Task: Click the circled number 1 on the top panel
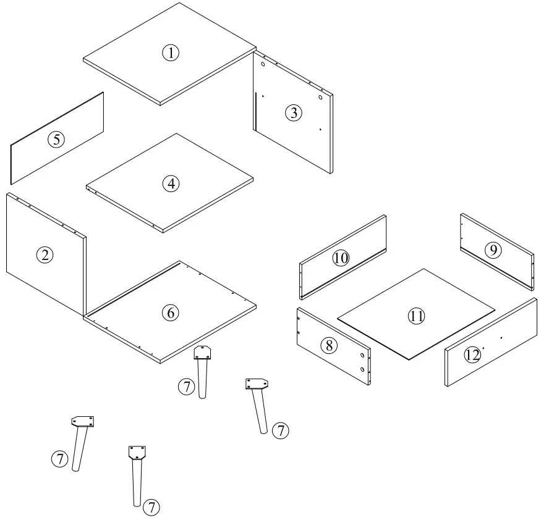(x=171, y=53)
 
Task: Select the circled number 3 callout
(x=293, y=113)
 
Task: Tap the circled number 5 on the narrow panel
(x=56, y=140)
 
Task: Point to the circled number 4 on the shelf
(x=171, y=183)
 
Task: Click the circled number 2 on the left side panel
(x=45, y=254)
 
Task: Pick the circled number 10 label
(x=341, y=258)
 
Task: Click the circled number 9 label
(x=493, y=250)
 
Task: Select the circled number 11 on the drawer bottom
(x=416, y=316)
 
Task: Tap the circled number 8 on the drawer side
(x=328, y=345)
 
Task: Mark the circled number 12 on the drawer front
(x=473, y=355)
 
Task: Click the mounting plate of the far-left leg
(x=83, y=421)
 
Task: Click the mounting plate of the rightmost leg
(x=255, y=384)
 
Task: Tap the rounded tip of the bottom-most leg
(x=137, y=503)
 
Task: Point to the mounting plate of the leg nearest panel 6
(x=202, y=353)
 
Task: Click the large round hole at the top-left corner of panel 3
(x=263, y=64)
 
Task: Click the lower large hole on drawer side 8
(x=362, y=369)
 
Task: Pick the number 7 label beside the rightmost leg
(x=281, y=430)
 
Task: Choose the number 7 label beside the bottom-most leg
(x=151, y=508)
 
